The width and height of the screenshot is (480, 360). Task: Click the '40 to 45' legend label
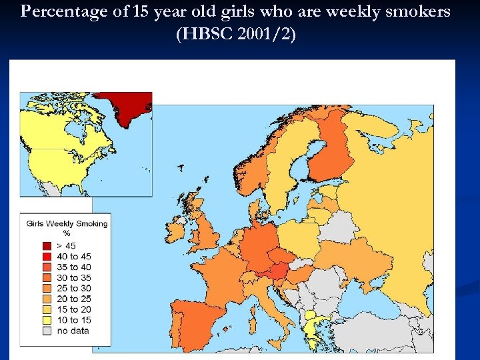(x=74, y=257)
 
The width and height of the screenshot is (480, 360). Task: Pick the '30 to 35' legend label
(x=74, y=277)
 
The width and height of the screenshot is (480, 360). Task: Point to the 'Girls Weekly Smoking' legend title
(x=67, y=224)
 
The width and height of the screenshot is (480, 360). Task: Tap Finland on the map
(x=330, y=153)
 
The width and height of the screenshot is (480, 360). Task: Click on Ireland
(x=177, y=230)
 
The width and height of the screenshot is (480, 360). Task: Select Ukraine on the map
(x=350, y=257)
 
